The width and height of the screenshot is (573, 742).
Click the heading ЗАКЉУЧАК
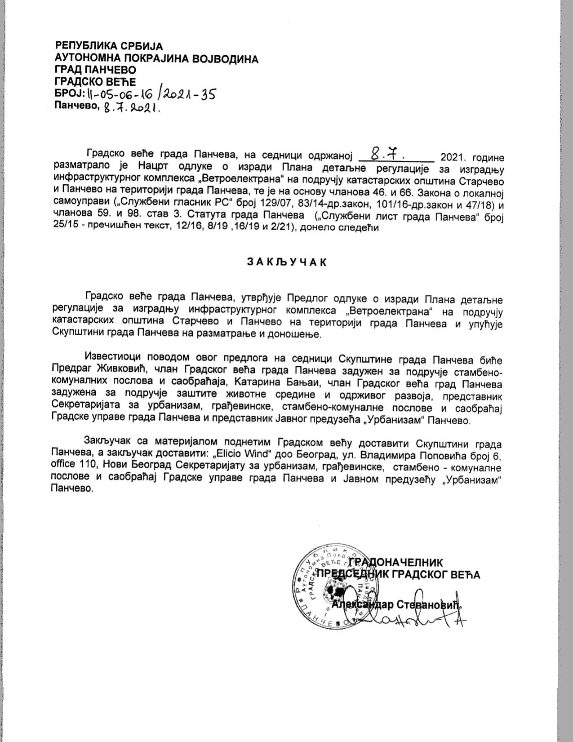pos(286,262)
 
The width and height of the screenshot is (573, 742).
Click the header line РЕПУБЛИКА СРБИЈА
pos(108,46)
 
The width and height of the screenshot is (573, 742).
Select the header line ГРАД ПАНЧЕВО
pos(95,70)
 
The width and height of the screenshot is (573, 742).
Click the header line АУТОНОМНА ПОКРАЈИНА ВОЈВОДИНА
pos(156,58)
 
